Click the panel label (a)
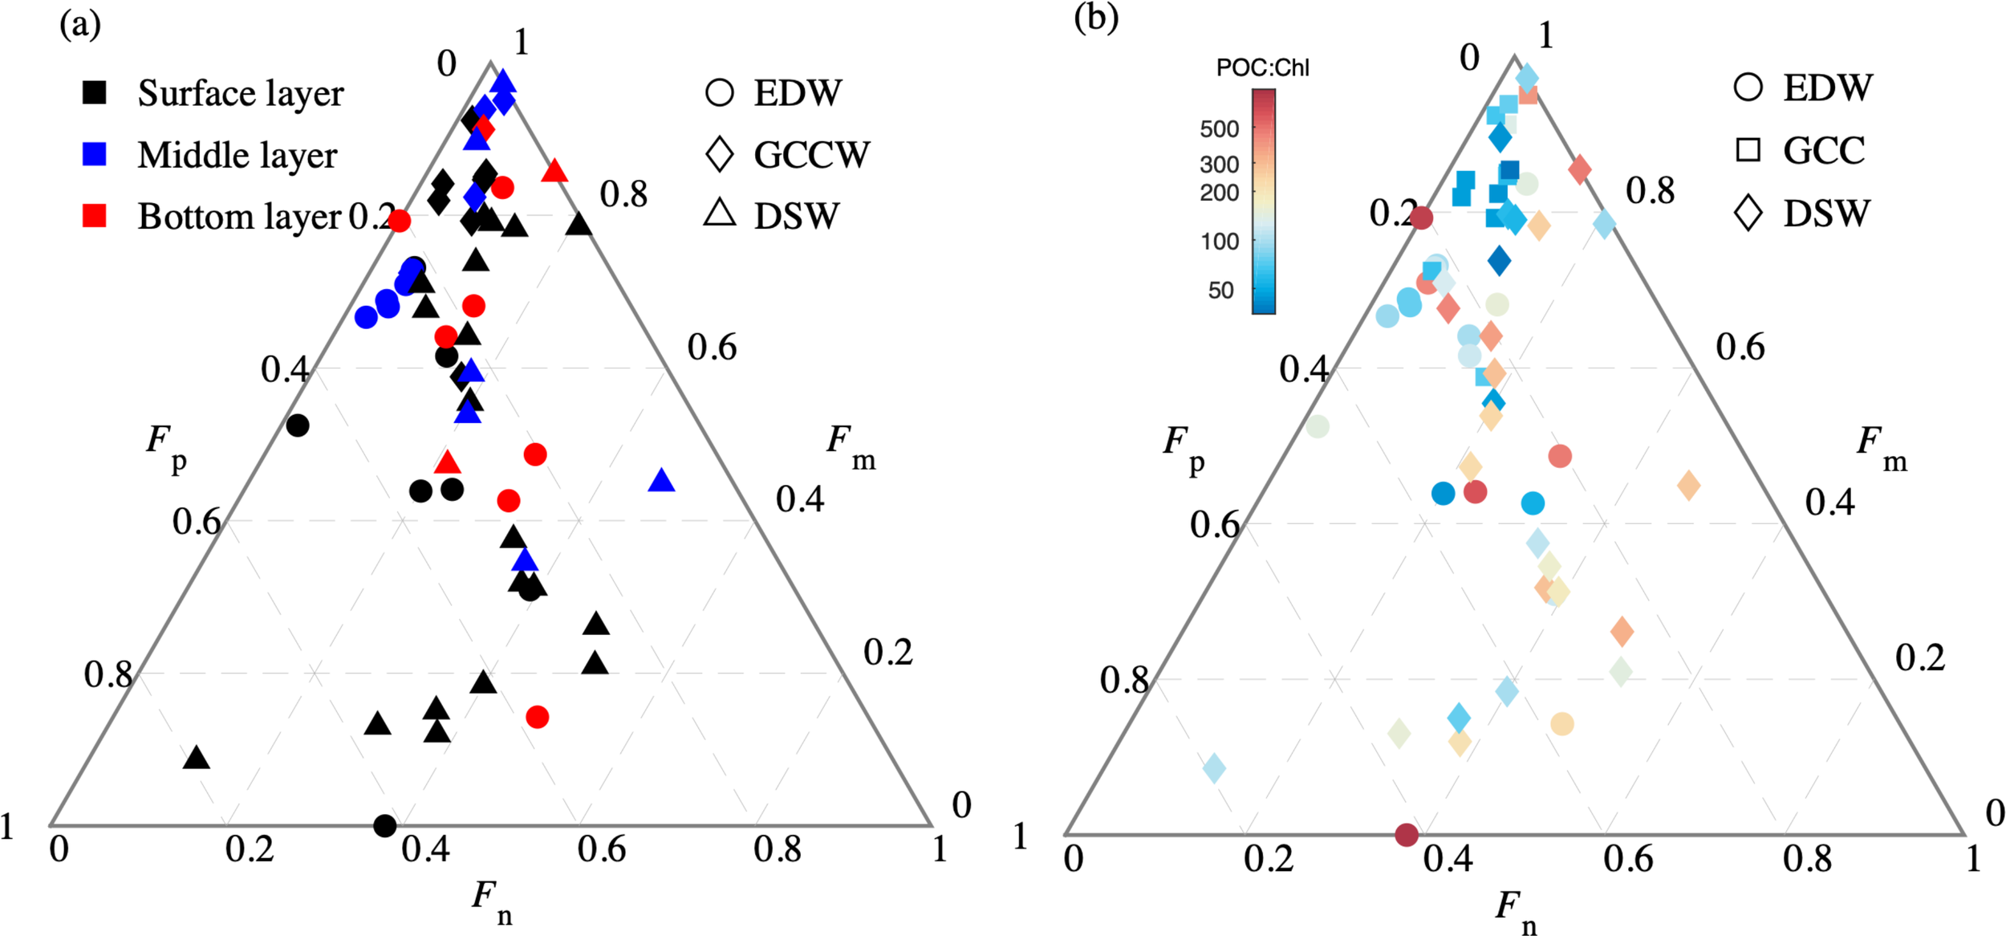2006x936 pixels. (x=80, y=25)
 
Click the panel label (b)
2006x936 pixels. (x=1095, y=18)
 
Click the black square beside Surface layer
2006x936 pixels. (x=95, y=92)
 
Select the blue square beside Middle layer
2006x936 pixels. (x=95, y=154)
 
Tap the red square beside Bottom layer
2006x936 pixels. (x=95, y=216)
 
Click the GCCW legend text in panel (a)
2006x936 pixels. (x=811, y=155)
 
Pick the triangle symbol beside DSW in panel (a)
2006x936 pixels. (x=720, y=214)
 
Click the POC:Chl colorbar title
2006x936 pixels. (x=1262, y=68)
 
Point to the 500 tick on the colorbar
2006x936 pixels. (x=1219, y=129)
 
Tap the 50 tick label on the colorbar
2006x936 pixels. (x=1220, y=291)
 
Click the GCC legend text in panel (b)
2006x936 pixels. (x=1824, y=151)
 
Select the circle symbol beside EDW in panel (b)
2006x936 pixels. (x=1748, y=87)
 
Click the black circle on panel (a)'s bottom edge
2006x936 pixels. (x=385, y=825)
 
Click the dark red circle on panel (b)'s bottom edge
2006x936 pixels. (x=1406, y=835)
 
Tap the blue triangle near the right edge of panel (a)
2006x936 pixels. (x=661, y=481)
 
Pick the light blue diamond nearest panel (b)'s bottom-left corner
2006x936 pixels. (x=1214, y=768)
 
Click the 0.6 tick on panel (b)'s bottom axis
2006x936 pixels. (x=1627, y=860)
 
